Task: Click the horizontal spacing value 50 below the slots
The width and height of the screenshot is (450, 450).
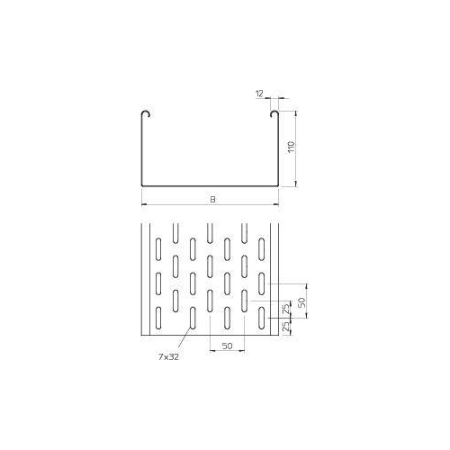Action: (x=227, y=346)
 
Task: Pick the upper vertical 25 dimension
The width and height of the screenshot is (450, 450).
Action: (x=286, y=309)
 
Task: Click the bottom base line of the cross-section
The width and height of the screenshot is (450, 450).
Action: (x=210, y=186)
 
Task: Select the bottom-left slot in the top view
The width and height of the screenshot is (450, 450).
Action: (x=159, y=318)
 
